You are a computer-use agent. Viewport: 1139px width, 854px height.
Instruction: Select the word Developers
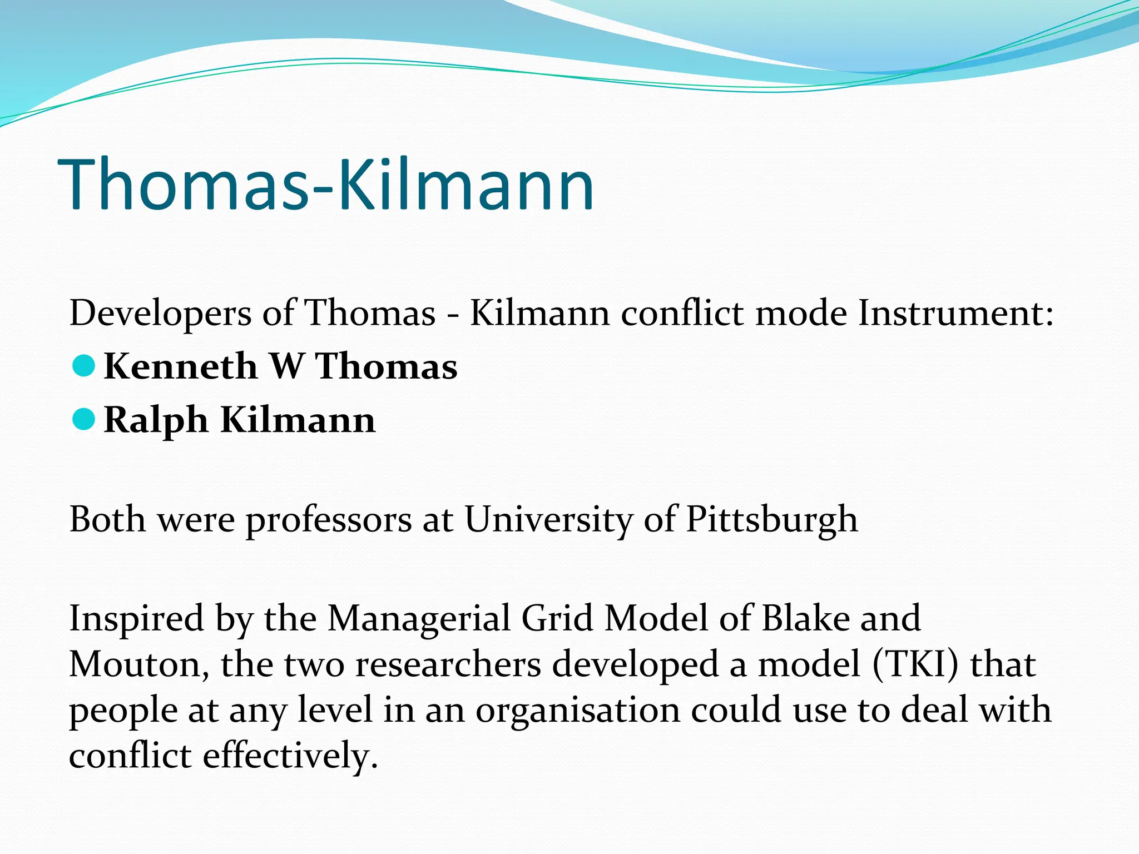point(160,314)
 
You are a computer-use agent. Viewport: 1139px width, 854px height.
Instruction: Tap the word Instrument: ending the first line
point(955,314)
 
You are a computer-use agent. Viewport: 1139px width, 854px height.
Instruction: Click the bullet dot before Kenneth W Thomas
point(84,366)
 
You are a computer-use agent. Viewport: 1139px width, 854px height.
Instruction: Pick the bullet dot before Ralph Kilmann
point(84,419)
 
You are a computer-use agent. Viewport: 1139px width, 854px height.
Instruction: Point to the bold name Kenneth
point(181,366)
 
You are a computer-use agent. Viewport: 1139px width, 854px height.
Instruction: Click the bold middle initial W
point(287,366)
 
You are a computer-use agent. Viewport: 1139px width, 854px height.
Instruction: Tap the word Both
point(107,519)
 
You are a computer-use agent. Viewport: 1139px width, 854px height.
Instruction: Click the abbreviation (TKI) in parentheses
point(916,665)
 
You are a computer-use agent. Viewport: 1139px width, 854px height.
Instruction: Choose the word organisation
point(578,711)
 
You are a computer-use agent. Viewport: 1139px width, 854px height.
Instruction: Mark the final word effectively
point(290,756)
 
